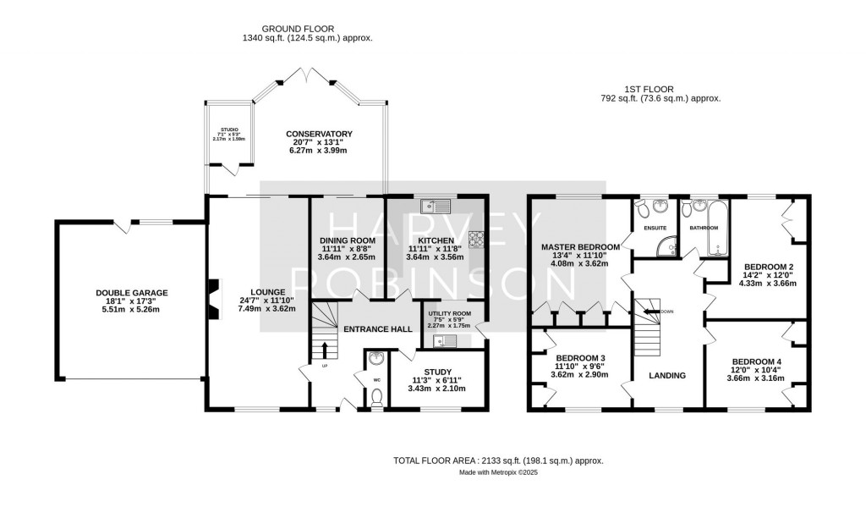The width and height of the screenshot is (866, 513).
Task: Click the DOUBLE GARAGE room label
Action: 131,293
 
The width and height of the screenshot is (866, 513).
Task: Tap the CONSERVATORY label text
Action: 319,135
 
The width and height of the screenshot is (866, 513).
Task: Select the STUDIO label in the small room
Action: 228,130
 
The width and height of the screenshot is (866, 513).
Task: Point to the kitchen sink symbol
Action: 438,205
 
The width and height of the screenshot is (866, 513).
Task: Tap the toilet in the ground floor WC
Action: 377,397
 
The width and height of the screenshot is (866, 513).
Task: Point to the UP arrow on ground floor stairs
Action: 324,349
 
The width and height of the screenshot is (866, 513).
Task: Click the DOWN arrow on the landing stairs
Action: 651,311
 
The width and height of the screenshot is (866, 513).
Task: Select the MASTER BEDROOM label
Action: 580,247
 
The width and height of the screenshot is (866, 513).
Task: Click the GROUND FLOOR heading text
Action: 307,27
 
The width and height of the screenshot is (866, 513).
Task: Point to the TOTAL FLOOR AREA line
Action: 498,461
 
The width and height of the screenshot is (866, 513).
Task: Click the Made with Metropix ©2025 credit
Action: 498,473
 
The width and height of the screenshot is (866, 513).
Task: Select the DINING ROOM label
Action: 347,240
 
